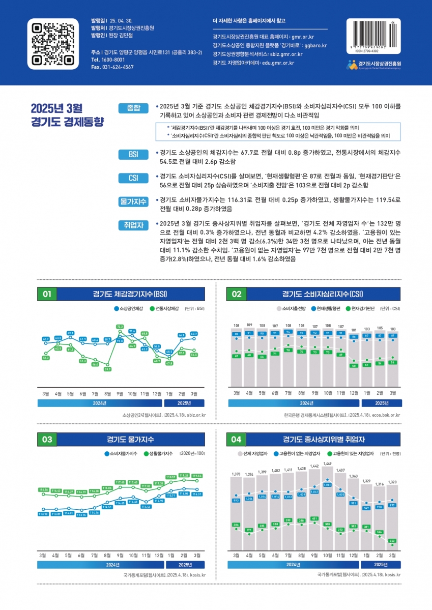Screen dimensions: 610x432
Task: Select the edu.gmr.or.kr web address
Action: (278, 63)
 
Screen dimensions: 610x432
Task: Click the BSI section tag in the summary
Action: (133, 154)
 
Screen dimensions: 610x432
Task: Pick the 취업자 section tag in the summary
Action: (133, 224)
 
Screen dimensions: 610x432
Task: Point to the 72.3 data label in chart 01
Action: (120, 326)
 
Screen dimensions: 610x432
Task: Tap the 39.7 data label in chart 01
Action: (107, 369)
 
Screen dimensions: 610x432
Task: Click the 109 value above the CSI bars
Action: (249, 325)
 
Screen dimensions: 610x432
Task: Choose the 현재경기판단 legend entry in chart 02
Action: (362, 308)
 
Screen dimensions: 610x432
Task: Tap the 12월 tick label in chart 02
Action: (354, 393)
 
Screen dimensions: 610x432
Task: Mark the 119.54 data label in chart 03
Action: (196, 475)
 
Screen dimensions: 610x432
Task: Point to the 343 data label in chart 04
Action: (392, 540)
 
